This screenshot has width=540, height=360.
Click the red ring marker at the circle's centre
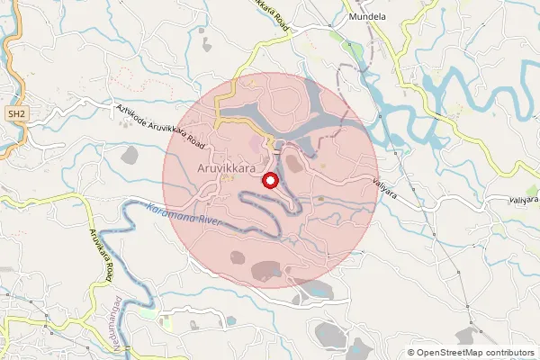(269, 181)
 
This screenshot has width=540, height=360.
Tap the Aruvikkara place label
(225, 168)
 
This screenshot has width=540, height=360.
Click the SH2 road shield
(16, 114)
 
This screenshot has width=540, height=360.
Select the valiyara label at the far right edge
(524, 197)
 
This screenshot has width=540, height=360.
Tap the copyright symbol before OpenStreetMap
(411, 352)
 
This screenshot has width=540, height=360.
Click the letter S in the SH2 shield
(11, 114)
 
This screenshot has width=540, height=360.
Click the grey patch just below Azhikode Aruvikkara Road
(130, 156)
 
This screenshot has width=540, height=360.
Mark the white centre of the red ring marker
(269, 181)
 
